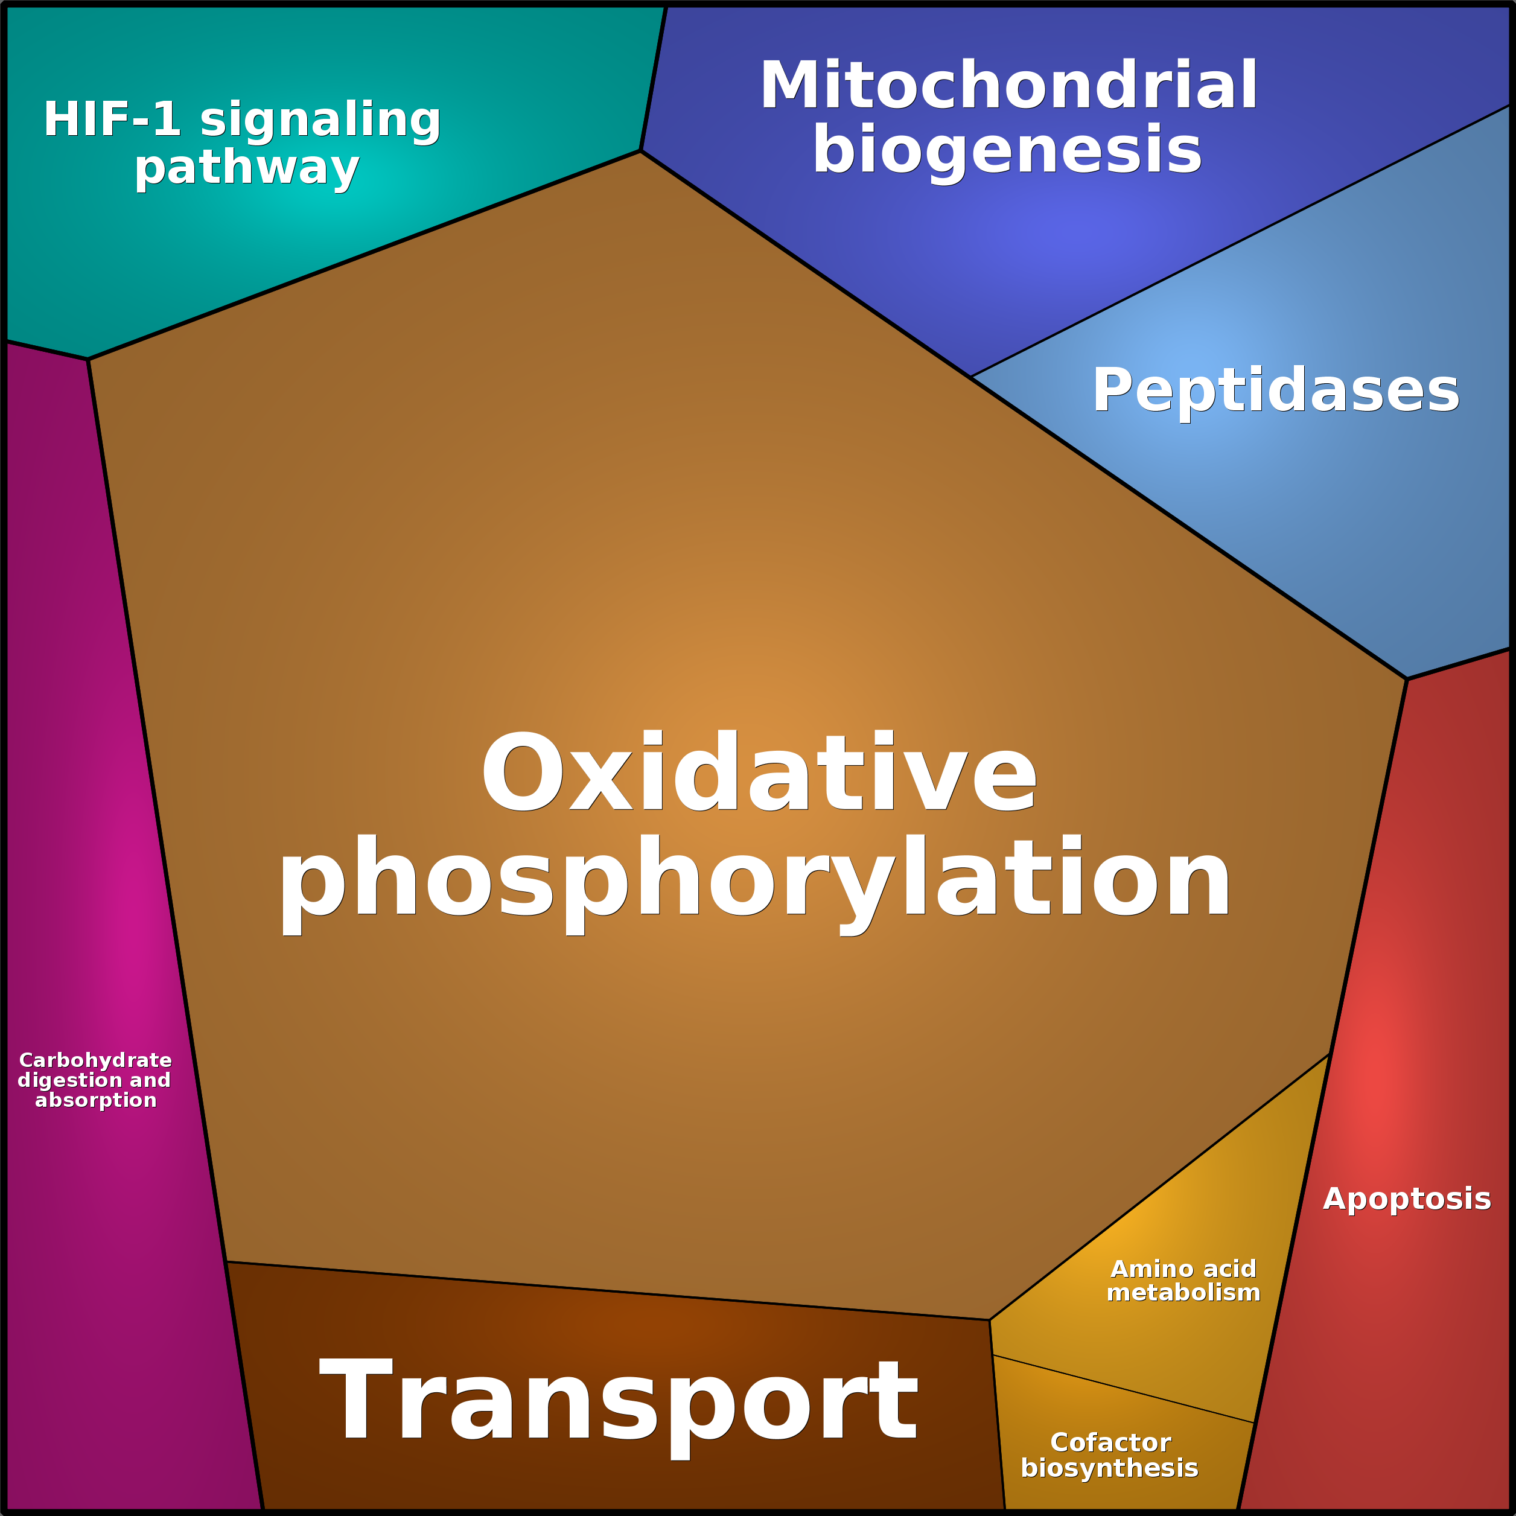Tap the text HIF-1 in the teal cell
point(112,119)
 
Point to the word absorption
point(96,1100)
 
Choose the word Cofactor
point(1110,1442)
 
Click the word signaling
point(320,119)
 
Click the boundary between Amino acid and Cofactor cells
point(1122,1388)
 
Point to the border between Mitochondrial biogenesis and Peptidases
point(1240,241)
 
